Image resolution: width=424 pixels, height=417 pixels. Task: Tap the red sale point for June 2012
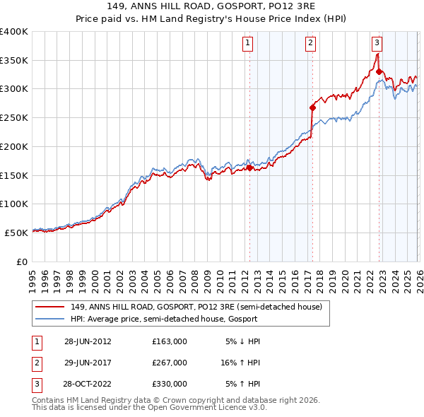[249, 168]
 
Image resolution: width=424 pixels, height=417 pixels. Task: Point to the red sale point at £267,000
[312, 108]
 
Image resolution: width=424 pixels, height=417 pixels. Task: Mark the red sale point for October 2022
[379, 71]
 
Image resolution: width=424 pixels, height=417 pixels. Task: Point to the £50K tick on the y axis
[16, 233]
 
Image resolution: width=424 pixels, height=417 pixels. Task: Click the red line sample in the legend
[50, 307]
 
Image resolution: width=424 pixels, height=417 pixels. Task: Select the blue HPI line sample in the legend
[50, 319]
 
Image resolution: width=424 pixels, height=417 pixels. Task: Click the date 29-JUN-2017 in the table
[88, 363]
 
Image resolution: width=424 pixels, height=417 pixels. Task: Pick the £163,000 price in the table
[169, 341]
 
